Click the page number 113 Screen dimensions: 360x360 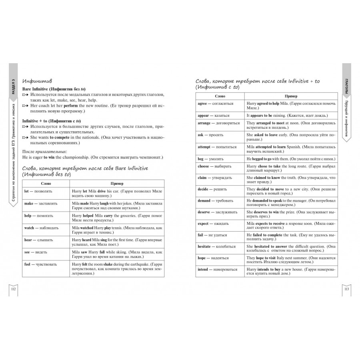pos(347,289)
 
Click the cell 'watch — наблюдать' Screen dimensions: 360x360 pos(42,228)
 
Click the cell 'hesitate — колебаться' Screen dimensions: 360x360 pos(217,247)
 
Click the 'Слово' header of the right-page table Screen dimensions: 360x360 pos(220,96)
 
